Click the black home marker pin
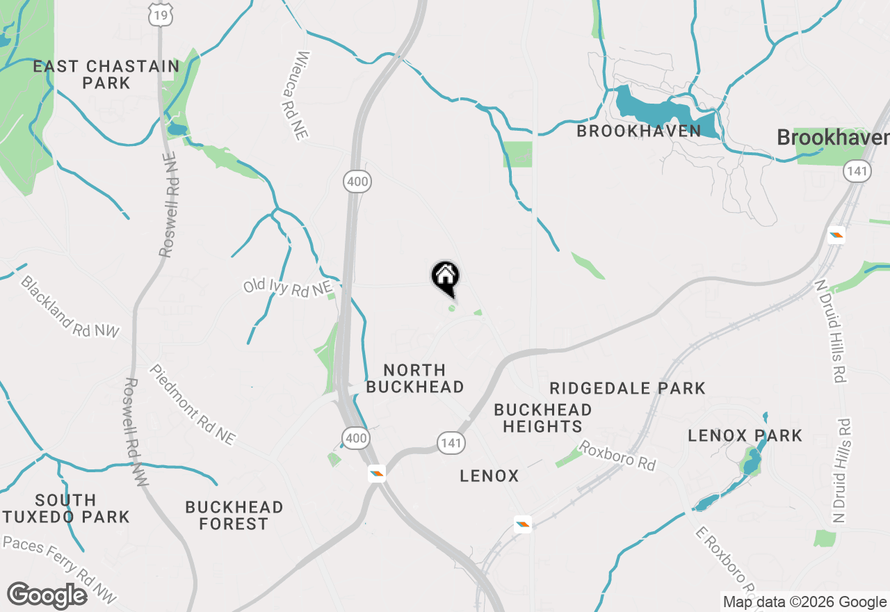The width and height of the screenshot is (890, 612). tap(446, 277)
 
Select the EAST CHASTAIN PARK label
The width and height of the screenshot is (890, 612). tap(106, 74)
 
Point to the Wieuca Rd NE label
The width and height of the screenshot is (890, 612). tap(302, 96)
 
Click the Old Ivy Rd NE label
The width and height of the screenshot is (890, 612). tap(287, 287)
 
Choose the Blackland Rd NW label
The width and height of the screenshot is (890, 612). tap(69, 307)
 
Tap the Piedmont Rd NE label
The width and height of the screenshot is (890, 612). tap(192, 405)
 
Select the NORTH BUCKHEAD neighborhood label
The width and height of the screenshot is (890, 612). tap(414, 378)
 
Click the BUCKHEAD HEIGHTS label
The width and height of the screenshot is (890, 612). tap(542, 418)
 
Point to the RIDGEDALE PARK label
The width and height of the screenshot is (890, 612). tap(627, 388)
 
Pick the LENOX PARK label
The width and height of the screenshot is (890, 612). tap(745, 436)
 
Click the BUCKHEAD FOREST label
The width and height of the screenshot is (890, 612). tap(234, 515)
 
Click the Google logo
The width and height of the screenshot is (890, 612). tap(47, 595)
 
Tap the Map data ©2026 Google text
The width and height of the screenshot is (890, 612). tap(804, 602)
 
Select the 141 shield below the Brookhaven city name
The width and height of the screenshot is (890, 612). tap(858, 171)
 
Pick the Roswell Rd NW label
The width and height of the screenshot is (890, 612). tap(136, 431)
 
